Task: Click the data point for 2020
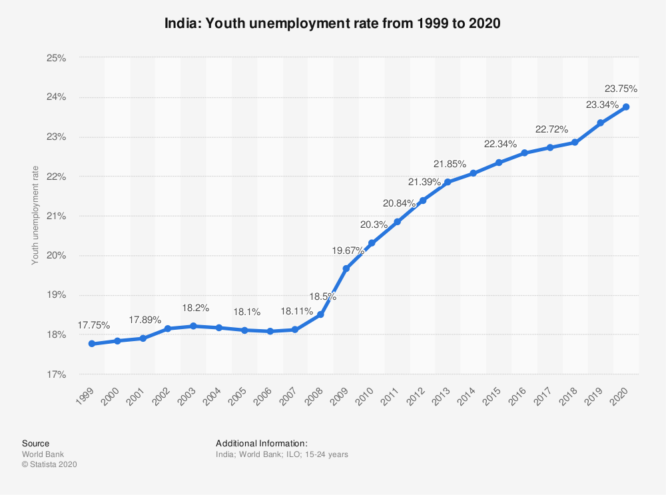tap(626, 107)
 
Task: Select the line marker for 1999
tap(92, 344)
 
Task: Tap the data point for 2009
tap(346, 268)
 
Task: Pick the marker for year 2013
tap(448, 182)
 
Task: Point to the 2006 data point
tap(270, 331)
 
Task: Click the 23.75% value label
tap(621, 88)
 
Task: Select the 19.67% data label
tap(348, 250)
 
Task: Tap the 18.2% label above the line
tap(196, 308)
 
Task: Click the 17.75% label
tap(94, 325)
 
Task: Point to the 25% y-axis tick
tap(57, 58)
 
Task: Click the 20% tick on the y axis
tap(57, 256)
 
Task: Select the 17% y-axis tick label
tap(57, 374)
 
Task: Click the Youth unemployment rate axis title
tap(35, 215)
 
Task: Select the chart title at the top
tap(332, 23)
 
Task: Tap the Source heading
tap(35, 443)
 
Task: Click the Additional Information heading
tap(262, 443)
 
